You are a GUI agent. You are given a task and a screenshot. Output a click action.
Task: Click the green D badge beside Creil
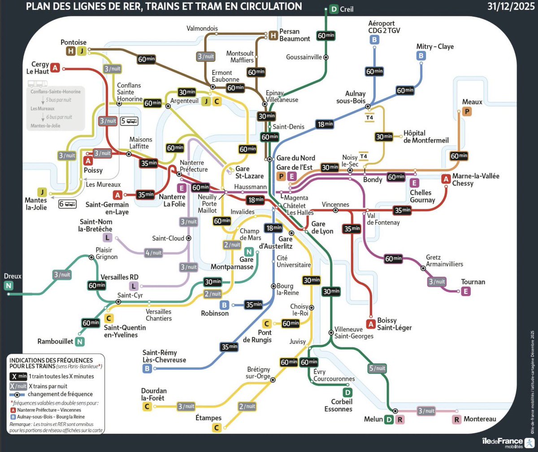point(334,9)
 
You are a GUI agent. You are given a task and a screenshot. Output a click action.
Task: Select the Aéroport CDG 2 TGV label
point(384,27)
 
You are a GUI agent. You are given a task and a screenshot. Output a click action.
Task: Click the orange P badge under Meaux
point(467,112)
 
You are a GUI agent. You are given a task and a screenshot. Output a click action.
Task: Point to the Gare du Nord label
point(295,158)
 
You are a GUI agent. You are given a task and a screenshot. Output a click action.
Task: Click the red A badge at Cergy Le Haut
point(55,68)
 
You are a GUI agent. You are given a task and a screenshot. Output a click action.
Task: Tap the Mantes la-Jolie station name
point(36,204)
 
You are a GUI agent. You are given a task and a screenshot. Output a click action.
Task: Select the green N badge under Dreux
point(9,286)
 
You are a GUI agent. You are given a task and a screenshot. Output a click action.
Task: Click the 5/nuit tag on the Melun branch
point(377,368)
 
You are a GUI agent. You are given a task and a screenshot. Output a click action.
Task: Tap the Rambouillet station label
point(55,341)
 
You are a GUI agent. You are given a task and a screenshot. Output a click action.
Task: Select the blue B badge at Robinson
point(224,305)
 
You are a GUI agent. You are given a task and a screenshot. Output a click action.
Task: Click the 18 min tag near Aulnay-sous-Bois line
point(325,124)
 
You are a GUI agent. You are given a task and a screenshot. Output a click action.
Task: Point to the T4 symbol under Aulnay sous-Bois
point(369,118)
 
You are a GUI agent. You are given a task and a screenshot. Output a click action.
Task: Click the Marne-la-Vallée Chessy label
point(475,180)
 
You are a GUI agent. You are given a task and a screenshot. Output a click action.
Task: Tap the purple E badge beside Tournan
point(466,291)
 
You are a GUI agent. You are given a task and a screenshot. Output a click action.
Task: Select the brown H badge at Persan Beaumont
point(273,35)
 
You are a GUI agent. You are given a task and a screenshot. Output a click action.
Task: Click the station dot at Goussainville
point(326,57)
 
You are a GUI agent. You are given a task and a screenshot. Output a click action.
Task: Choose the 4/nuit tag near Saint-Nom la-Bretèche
point(153,253)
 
